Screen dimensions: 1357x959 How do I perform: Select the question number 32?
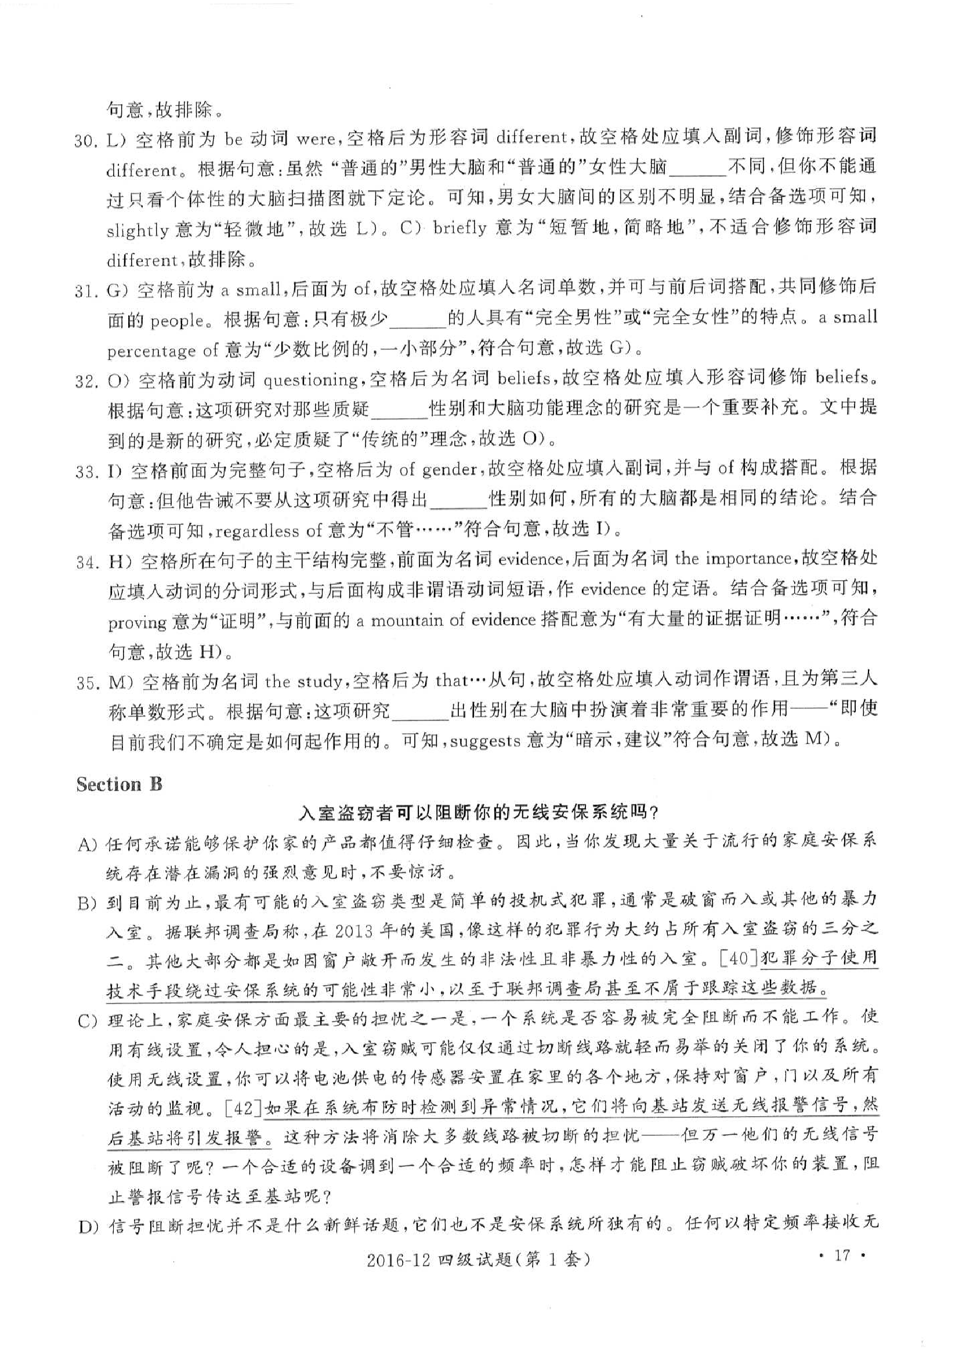tap(87, 381)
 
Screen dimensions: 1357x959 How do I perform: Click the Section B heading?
tap(119, 785)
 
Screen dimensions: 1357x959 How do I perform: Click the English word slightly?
tap(137, 230)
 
